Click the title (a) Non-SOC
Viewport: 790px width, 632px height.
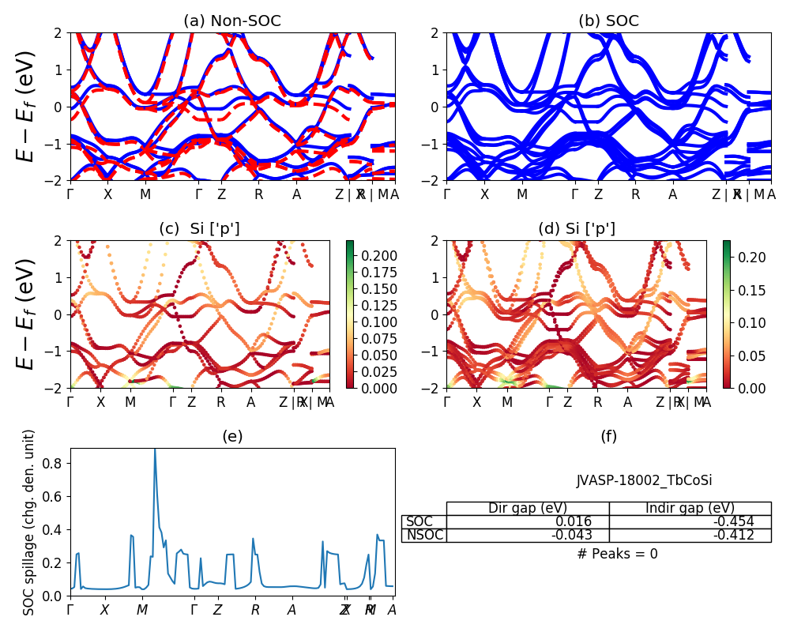pos(231,21)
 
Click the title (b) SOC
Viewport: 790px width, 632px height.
pos(608,21)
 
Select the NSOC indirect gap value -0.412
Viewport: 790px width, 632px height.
pos(730,536)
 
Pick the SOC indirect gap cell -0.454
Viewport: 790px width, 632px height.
pos(730,521)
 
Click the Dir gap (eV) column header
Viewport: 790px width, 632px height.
pos(528,508)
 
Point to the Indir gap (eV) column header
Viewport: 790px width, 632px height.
pos(690,508)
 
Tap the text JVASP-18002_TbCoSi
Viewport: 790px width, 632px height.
pos(639,480)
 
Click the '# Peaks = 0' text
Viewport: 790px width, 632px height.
pos(617,554)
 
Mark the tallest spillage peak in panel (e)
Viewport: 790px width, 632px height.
pos(155,450)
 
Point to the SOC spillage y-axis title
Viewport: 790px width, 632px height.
pos(29,522)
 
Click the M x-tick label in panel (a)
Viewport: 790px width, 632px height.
pos(145,194)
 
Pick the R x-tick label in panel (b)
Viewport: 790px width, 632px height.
pos(635,194)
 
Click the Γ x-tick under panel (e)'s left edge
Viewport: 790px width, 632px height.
pos(70,610)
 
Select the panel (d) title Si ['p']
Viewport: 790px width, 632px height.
pos(577,229)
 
